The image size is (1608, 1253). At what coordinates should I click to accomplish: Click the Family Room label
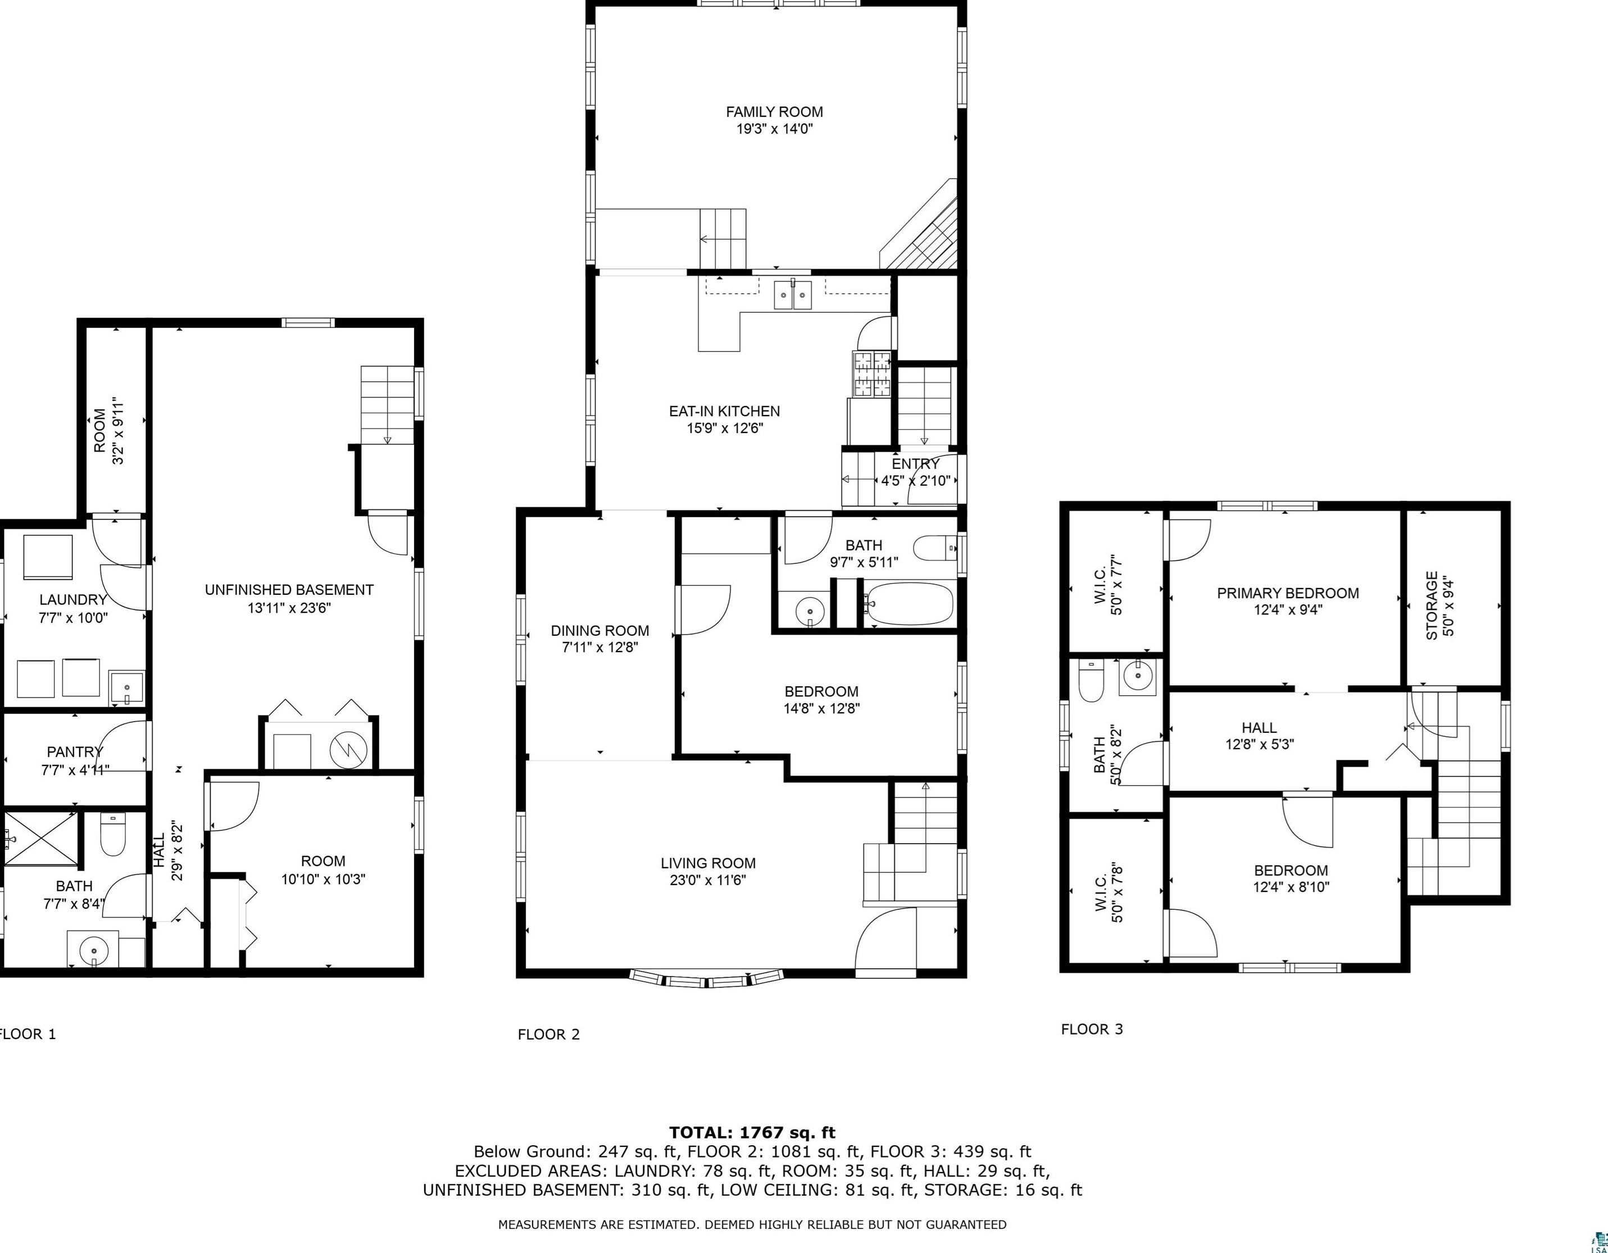pyautogui.click(x=775, y=112)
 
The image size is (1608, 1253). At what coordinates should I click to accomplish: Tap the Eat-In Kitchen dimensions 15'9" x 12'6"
pyautogui.click(x=724, y=429)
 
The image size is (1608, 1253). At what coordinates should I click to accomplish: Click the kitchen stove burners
pyautogui.click(x=872, y=375)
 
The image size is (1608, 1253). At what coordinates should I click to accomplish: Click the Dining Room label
pyautogui.click(x=600, y=630)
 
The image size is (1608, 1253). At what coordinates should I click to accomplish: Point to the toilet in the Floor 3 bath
pyautogui.click(x=1091, y=681)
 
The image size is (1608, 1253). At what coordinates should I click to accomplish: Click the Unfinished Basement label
pyautogui.click(x=289, y=590)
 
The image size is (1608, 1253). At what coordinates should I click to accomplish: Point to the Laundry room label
pyautogui.click(x=74, y=600)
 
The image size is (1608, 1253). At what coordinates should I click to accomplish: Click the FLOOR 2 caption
pyautogui.click(x=548, y=1035)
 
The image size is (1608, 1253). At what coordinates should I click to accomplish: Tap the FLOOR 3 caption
pyautogui.click(x=1092, y=1029)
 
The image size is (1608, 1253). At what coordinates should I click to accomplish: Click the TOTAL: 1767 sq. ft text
pyautogui.click(x=752, y=1132)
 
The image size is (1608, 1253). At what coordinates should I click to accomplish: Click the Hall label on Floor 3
pyautogui.click(x=1259, y=727)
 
